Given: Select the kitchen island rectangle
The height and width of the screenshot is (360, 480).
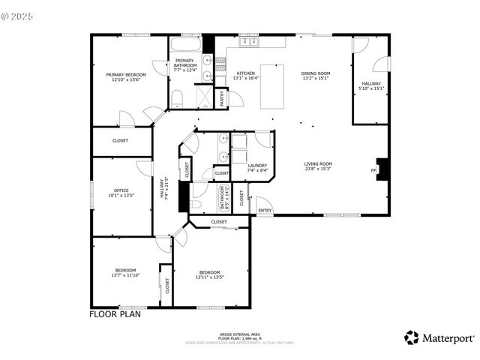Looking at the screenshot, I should coord(272,86).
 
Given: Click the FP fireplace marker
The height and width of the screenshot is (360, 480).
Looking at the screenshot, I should coord(373,171).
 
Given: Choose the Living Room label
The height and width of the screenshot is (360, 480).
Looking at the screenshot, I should coord(318,166).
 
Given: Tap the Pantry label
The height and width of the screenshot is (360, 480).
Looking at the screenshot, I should coord(222,98).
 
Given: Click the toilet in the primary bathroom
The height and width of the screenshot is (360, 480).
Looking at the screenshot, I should coord(177,98).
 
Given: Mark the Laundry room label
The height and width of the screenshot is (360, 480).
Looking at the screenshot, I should coord(257,167).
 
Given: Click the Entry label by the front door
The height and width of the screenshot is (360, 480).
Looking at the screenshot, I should coord(265,211).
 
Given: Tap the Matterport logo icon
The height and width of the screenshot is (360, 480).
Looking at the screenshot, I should coord(412,337).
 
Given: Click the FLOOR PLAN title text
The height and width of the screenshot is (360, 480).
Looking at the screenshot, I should coord(115,314).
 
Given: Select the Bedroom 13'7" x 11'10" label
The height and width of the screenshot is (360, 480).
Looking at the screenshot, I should coord(125,272).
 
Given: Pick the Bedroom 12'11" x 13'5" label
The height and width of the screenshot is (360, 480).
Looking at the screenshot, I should coord(209,274).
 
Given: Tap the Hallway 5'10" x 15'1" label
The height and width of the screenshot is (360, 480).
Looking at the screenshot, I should coord(371,85).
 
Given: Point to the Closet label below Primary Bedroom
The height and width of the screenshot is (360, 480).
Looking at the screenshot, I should coord(120,140).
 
